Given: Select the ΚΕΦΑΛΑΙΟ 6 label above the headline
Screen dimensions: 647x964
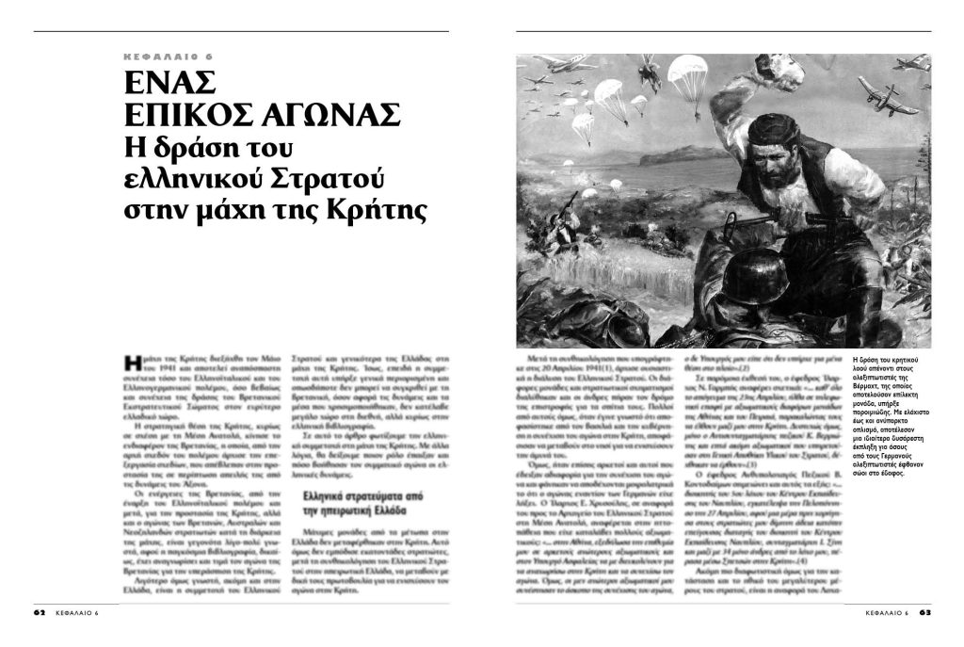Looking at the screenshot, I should pyautogui.click(x=168, y=57).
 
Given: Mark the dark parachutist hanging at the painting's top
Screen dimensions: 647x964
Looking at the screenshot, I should pyautogui.click(x=647, y=70).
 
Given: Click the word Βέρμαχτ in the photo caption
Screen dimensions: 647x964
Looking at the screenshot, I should pyautogui.click(x=871, y=389).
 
